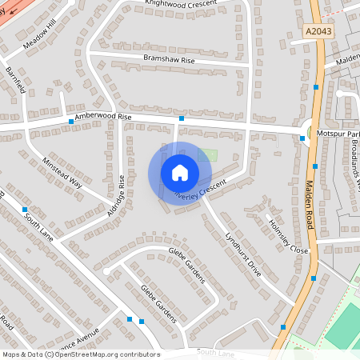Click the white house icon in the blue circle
coord(179,172)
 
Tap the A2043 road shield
coord(318,30)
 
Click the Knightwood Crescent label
coord(181,4)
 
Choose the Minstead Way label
coord(62,171)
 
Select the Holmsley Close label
coord(288,236)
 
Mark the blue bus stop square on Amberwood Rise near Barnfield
coord(71,122)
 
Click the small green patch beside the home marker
coord(208,155)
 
